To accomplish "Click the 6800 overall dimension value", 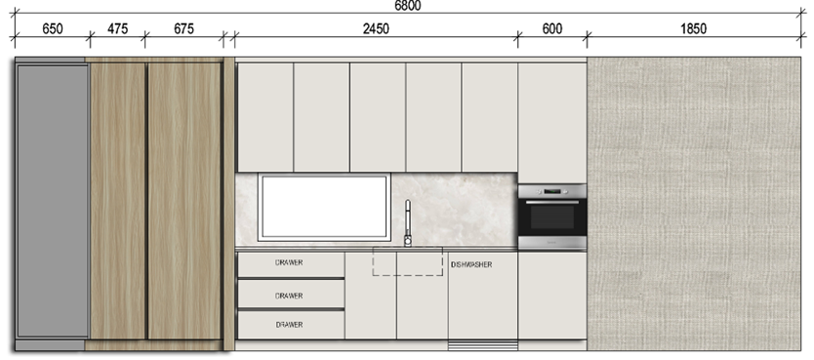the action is point(408,5).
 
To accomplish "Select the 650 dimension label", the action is point(53,28).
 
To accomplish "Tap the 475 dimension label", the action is point(117,28).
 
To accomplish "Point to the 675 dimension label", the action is point(183,28).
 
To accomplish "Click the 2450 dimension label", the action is point(376,28).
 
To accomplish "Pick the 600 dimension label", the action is point(551,28).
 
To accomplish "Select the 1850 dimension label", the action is point(693,28).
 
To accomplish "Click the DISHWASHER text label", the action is point(471,264).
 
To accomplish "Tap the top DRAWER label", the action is point(289,262).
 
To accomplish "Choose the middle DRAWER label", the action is point(289,296).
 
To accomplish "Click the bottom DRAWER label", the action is point(289,325).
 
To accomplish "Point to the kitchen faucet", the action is point(408,223).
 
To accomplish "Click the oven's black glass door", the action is point(552,218).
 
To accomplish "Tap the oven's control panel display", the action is point(552,191).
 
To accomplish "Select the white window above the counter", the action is point(324,208).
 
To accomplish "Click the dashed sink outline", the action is point(408,275).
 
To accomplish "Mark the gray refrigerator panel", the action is point(53,201).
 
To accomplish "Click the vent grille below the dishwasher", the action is point(483,345).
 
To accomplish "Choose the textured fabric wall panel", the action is point(694,203).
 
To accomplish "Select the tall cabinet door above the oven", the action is point(552,123).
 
